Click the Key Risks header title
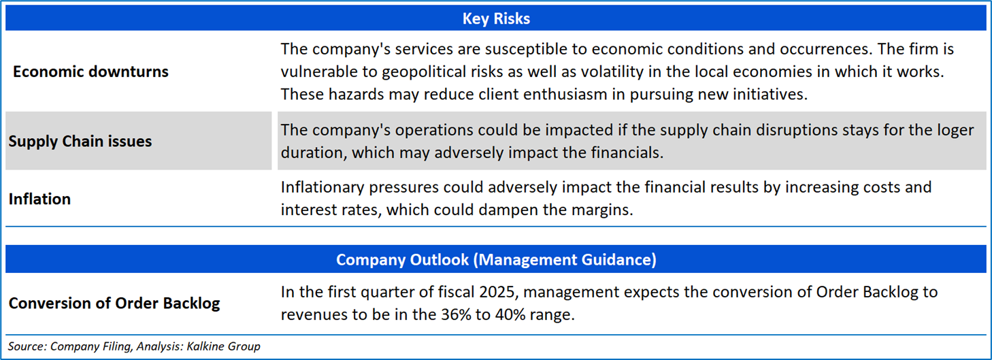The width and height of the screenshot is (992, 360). tap(496, 18)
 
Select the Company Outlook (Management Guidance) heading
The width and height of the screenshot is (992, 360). tap(496, 259)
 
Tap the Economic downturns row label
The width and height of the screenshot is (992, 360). tap(90, 71)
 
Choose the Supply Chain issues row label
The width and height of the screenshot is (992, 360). tap(80, 142)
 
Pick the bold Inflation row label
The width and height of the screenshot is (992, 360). tap(39, 199)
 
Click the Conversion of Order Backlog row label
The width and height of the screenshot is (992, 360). tap(114, 304)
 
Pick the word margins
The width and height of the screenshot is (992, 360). tap(602, 210)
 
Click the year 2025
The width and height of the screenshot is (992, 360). tap(495, 292)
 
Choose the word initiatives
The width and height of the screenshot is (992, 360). tap(770, 95)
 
